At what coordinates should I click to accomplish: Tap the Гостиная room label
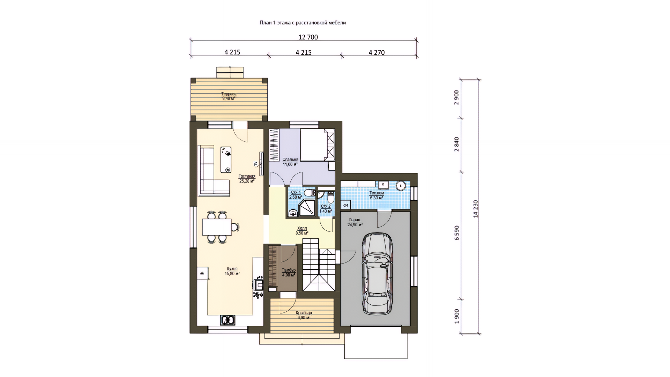[x=247, y=176]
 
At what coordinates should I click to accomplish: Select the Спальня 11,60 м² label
[x=290, y=162]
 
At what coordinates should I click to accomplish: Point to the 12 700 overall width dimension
[x=308, y=37]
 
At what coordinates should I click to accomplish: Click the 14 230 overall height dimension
[x=475, y=209]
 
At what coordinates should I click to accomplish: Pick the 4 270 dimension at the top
[x=377, y=52]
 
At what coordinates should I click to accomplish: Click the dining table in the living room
[x=217, y=227]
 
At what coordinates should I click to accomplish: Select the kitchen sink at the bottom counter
[x=228, y=320]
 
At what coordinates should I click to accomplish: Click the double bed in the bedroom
[x=317, y=145]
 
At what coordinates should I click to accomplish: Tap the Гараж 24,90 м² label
[x=355, y=222]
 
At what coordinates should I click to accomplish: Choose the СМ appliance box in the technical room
[x=345, y=205]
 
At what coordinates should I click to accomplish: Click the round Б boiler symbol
[x=401, y=186]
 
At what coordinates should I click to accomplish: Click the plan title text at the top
[x=303, y=23]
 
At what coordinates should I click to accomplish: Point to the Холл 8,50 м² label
[x=302, y=230]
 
